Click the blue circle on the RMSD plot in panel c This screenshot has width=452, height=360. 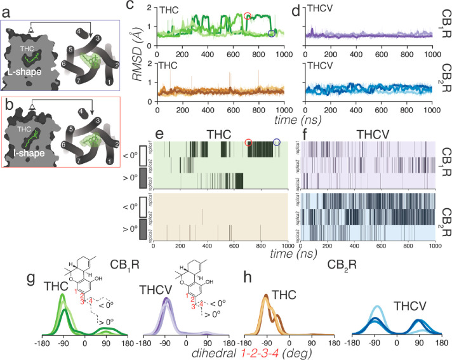point(272,34)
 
